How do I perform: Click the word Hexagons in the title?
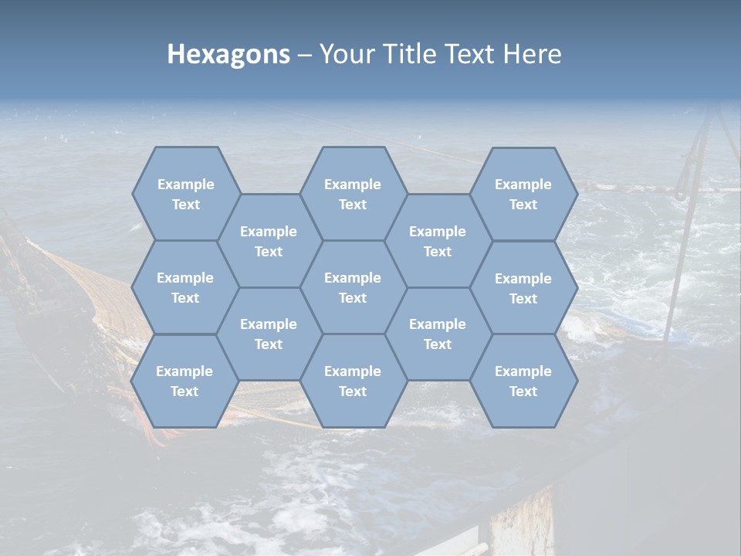228,55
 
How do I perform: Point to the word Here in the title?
532,55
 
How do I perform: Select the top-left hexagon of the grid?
185,194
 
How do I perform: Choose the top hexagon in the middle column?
353,194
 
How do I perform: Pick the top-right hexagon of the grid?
523,194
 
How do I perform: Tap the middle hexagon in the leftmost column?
185,287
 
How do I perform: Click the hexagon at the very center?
353,287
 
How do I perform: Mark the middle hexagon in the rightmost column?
523,288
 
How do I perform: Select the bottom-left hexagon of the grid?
184,381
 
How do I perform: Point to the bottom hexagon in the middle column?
353,381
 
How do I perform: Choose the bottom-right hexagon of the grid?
523,381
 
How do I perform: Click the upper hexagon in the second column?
269,241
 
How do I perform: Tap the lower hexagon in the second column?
269,334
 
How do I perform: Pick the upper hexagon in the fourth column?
438,241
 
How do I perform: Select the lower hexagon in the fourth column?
438,334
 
